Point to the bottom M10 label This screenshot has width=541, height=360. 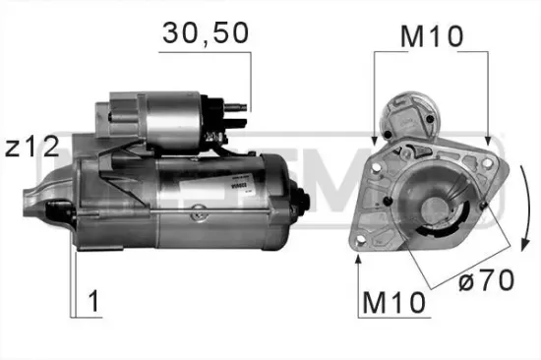click(x=392, y=303)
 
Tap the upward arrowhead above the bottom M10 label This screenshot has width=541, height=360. click(x=359, y=259)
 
